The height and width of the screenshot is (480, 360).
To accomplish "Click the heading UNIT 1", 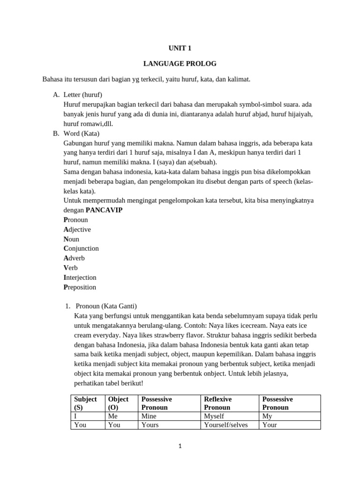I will [180, 48].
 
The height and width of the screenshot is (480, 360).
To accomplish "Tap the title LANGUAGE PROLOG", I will [180, 63].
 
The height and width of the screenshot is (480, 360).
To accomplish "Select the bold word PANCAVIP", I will [104, 210].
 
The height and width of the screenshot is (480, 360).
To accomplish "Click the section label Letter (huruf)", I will [82, 95].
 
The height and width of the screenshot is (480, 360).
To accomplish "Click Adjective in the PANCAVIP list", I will [77, 229].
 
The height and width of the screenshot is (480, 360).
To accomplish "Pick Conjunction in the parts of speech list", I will [81, 248].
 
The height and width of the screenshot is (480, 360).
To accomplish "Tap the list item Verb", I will [71, 268].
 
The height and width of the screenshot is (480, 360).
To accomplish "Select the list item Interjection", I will [80, 277].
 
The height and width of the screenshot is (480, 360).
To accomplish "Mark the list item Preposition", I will [80, 287].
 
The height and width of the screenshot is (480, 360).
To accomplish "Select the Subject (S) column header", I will [85, 403].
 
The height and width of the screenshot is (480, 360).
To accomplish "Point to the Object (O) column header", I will [118, 403].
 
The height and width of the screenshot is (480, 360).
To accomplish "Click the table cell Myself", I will [214, 416].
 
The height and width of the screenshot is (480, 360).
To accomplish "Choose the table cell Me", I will [113, 416].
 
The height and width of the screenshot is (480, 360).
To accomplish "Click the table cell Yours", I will [150, 425].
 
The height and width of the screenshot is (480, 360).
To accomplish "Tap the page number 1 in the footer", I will [180, 446].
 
